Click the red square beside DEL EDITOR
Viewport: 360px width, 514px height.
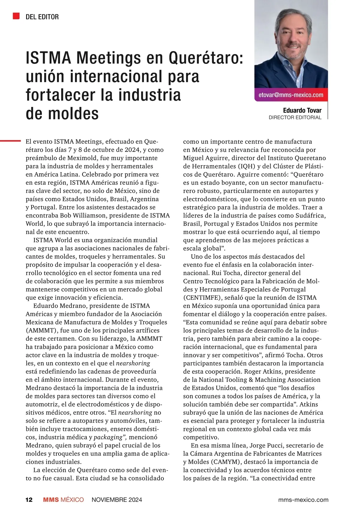click(x=16, y=16)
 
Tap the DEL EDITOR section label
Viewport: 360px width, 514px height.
click(x=42, y=17)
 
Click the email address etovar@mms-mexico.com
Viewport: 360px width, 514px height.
click(x=291, y=95)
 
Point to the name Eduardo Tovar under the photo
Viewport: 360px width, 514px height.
click(x=302, y=110)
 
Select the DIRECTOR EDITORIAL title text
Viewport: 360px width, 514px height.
click(x=295, y=118)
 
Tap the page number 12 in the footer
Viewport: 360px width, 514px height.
click(x=29, y=500)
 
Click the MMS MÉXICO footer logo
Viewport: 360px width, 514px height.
click(x=63, y=500)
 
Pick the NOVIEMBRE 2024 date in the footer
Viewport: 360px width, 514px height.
click(x=117, y=500)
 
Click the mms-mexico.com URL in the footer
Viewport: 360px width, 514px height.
click(x=303, y=500)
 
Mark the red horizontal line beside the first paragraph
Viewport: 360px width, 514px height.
click(x=10, y=140)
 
